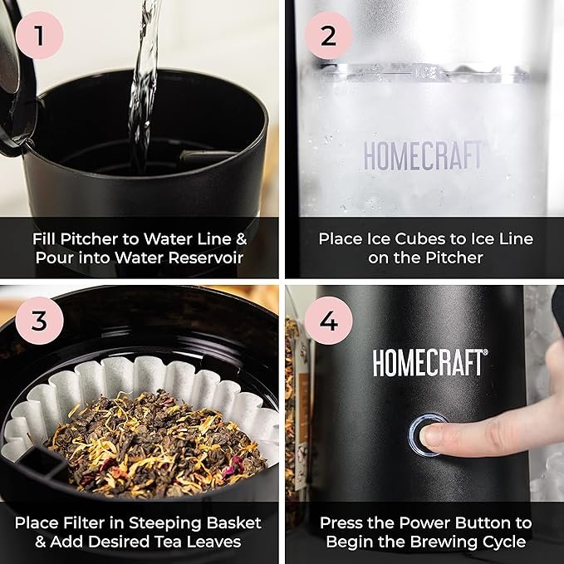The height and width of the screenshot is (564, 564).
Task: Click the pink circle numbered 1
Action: [40, 35]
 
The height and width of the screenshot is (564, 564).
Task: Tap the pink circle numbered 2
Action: [328, 35]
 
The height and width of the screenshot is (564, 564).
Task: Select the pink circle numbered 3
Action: [40, 320]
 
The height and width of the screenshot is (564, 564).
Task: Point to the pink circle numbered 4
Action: [328, 320]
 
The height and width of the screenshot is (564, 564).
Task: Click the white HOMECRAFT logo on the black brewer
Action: [430, 363]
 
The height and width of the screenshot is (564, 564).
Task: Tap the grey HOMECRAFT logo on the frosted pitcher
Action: [423, 155]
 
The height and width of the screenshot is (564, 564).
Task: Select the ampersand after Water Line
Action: [242, 239]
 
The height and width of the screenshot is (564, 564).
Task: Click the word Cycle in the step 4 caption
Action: [505, 542]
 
